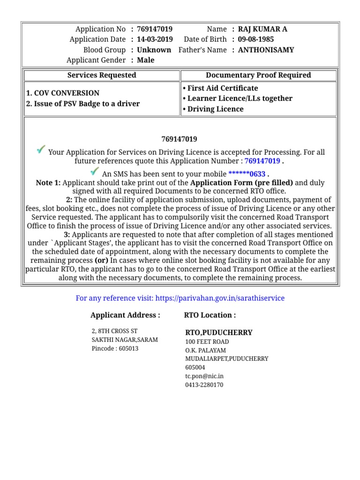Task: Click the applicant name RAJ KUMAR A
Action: pos(262,29)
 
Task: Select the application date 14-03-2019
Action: pos(155,39)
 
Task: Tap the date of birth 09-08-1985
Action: pos(256,39)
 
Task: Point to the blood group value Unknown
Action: pos(154,50)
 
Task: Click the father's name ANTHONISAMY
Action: pos(266,50)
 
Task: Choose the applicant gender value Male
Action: pos(145,60)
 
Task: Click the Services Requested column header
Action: pos(102,75)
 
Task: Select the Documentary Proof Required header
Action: pos(258,75)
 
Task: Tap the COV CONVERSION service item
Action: pos(63,93)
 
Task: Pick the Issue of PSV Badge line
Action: pos(83,104)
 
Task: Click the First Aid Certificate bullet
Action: pos(220,88)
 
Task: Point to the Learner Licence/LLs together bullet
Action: pos(237,98)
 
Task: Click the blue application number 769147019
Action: pos(262,161)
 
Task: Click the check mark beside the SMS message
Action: pos(95,172)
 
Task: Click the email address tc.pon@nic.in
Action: pos(204,376)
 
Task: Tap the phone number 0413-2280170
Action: pos(204,385)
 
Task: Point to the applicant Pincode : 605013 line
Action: pos(115,348)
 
